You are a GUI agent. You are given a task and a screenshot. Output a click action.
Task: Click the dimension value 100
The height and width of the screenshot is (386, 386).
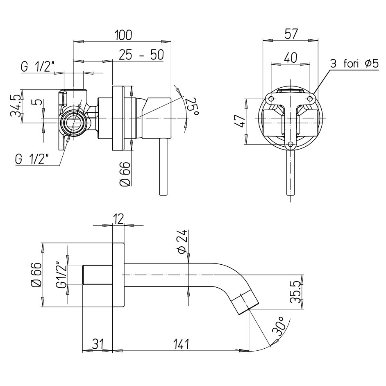pyautogui.click(x=123, y=35)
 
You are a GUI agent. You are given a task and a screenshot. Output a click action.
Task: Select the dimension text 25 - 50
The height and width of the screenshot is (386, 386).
pyautogui.click(x=141, y=54)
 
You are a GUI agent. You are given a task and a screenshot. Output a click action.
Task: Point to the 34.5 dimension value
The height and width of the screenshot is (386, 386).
pyautogui.click(x=16, y=106)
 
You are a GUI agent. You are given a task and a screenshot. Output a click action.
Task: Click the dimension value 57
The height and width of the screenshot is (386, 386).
pyautogui.click(x=290, y=34)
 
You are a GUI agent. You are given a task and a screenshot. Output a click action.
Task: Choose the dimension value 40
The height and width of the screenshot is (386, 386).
pyautogui.click(x=290, y=58)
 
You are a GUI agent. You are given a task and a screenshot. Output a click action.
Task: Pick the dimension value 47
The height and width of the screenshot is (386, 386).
pyautogui.click(x=241, y=122)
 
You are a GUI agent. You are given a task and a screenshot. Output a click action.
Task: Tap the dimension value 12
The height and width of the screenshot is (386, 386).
pyautogui.click(x=118, y=219)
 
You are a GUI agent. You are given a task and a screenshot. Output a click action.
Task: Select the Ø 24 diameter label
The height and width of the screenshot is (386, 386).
pyautogui.click(x=183, y=242)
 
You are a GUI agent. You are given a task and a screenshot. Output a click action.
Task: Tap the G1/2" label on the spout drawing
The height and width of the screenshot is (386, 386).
pyautogui.click(x=61, y=275)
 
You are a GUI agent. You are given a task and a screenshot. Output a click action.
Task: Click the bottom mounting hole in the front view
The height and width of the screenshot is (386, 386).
pyautogui.click(x=291, y=144)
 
